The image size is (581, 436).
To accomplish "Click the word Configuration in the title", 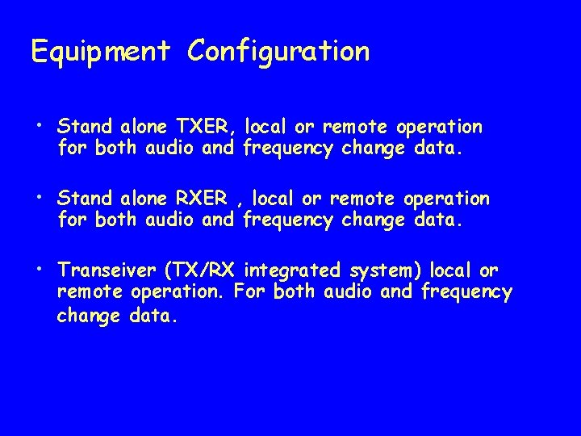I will [x=278, y=52].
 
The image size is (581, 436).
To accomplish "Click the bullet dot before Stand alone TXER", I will [x=39, y=125].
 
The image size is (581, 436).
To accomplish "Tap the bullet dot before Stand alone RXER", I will [x=39, y=196].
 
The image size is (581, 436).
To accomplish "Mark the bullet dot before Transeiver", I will [x=39, y=267].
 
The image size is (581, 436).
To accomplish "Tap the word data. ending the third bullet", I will [x=152, y=315].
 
